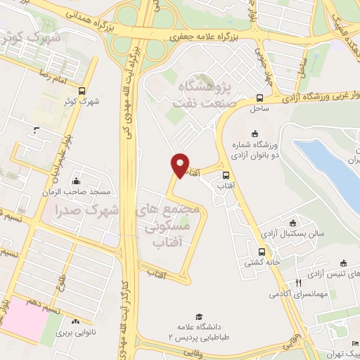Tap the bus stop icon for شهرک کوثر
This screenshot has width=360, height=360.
pyautogui.click(x=82, y=91)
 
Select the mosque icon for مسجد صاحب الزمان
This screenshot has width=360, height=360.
pyautogui.click(x=76, y=181)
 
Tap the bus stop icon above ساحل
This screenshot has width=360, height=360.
pyautogui.click(x=259, y=98)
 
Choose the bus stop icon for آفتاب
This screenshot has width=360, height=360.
pyautogui.click(x=226, y=175)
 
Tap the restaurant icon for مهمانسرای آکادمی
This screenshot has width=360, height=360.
pyautogui.click(x=297, y=283)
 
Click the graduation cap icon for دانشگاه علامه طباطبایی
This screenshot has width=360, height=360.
pyautogui.click(x=199, y=316)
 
